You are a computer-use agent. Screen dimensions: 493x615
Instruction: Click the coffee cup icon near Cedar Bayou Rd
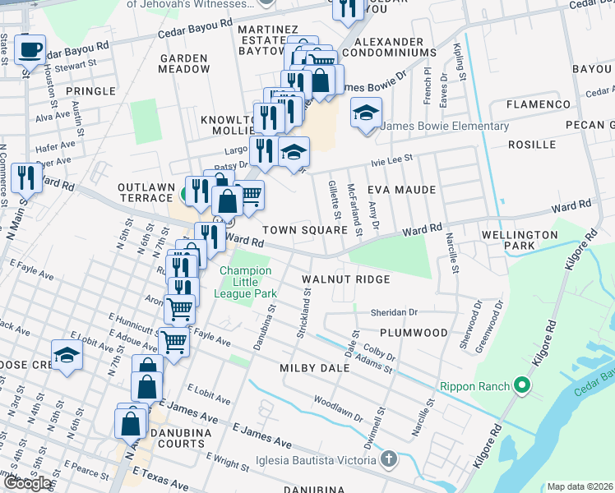click(x=30, y=48)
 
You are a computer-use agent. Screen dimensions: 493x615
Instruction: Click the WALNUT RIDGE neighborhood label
click(x=344, y=279)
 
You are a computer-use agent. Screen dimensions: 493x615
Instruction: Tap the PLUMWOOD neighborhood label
click(x=414, y=333)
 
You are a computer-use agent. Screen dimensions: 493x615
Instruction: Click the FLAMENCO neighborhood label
click(x=539, y=104)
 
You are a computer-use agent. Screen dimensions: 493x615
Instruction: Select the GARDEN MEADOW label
click(x=185, y=64)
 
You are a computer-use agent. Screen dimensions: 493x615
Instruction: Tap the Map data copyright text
click(x=580, y=486)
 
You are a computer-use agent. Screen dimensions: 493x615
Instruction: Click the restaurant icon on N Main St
click(x=26, y=176)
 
